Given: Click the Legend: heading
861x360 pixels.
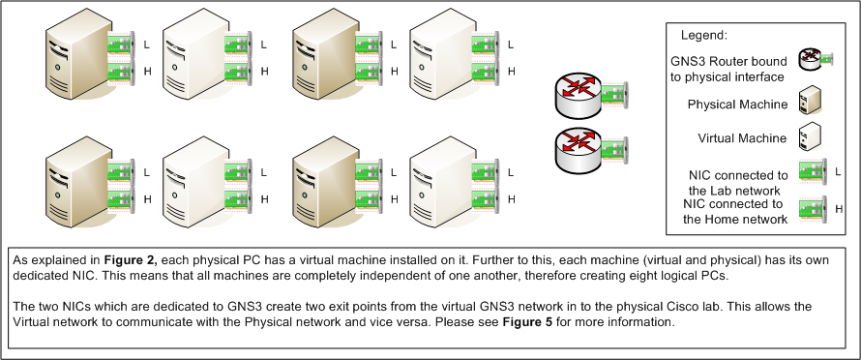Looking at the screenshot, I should click(705, 35).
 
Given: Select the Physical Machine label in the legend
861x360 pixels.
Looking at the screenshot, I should click(734, 104).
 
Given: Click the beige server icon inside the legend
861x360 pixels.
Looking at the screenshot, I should click(810, 102).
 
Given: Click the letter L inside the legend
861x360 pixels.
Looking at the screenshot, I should click(839, 171).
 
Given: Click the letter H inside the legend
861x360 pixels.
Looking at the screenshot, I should click(839, 207).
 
